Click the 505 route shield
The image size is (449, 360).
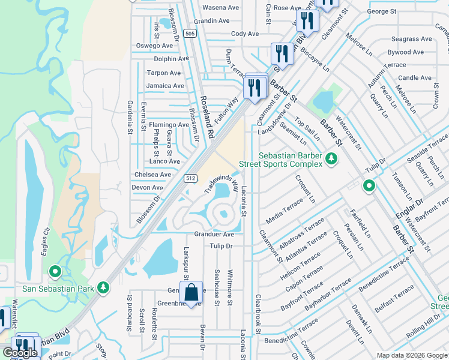coord(190,34)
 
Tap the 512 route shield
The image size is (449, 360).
coord(190,178)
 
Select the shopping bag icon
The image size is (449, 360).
coord(191,293)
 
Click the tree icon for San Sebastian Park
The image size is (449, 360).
coord(104,288)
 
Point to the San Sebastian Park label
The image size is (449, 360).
coord(58,288)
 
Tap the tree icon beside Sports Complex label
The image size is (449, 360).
coord(331,158)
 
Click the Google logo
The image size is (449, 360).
coord(20,353)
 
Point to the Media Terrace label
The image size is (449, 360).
coord(285,214)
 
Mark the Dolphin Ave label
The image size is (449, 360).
coord(171,59)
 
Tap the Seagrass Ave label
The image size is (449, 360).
coord(411,39)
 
